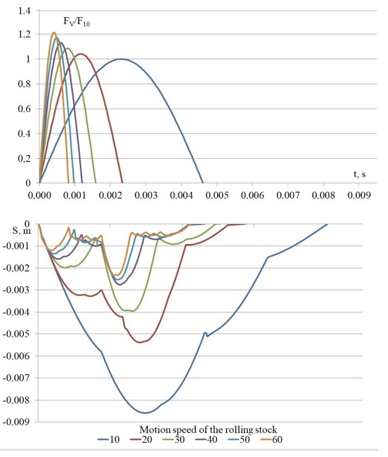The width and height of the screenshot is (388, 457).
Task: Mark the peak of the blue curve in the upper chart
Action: tap(121, 59)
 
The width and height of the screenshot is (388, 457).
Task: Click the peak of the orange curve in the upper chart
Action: tap(54, 32)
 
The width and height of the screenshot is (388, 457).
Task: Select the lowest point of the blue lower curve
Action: tap(146, 413)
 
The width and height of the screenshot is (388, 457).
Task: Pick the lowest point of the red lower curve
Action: tap(140, 343)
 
